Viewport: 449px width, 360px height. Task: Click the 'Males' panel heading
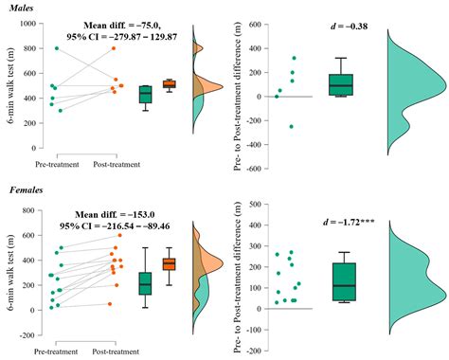[x=19, y=8]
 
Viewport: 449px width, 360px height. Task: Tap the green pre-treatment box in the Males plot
[x=145, y=94]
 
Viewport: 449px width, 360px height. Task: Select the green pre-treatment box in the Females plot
[x=145, y=283]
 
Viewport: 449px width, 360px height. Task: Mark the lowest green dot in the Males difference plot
[x=292, y=126]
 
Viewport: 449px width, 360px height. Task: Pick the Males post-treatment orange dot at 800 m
[x=113, y=48]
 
